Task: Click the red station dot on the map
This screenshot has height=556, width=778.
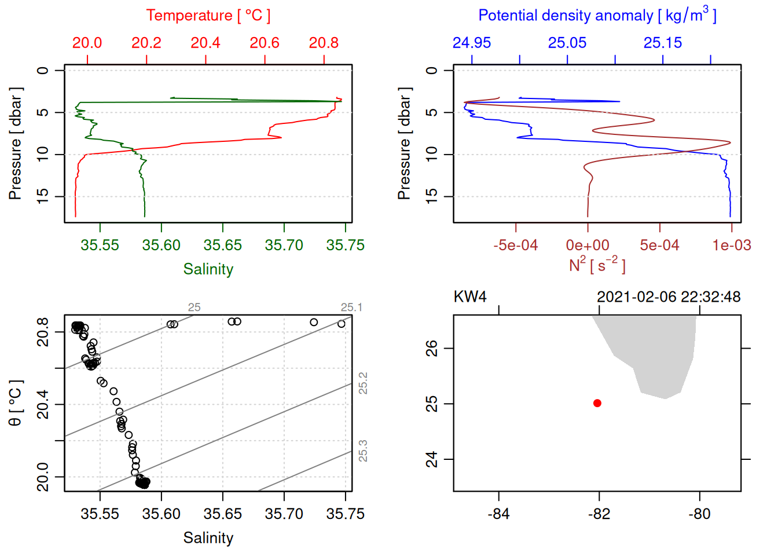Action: (x=597, y=403)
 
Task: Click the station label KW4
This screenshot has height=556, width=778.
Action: (x=470, y=297)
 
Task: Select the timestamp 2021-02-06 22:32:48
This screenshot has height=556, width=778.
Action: (x=669, y=297)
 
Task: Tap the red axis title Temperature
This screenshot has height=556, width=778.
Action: (x=208, y=16)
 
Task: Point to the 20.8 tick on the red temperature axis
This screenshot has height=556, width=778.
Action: (x=324, y=43)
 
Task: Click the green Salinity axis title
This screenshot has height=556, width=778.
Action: (x=208, y=269)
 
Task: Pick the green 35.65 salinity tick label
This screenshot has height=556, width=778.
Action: (x=223, y=246)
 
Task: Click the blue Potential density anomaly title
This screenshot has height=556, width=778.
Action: (x=597, y=16)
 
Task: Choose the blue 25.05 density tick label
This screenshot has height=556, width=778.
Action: (x=567, y=43)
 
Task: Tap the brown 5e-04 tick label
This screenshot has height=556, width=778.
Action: (x=659, y=246)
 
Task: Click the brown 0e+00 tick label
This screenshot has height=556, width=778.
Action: (x=588, y=246)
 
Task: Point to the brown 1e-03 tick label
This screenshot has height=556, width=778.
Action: (x=732, y=246)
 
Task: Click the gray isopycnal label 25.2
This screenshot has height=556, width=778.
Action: (x=363, y=383)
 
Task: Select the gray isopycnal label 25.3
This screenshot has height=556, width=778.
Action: (x=363, y=451)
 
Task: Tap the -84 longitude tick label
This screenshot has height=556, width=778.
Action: (x=498, y=514)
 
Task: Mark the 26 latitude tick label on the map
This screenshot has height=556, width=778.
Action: (x=432, y=348)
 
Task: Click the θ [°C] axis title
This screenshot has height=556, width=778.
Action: (x=16, y=403)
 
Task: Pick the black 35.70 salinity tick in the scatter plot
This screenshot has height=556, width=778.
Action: (x=284, y=514)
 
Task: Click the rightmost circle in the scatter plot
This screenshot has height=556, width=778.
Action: (x=342, y=324)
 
